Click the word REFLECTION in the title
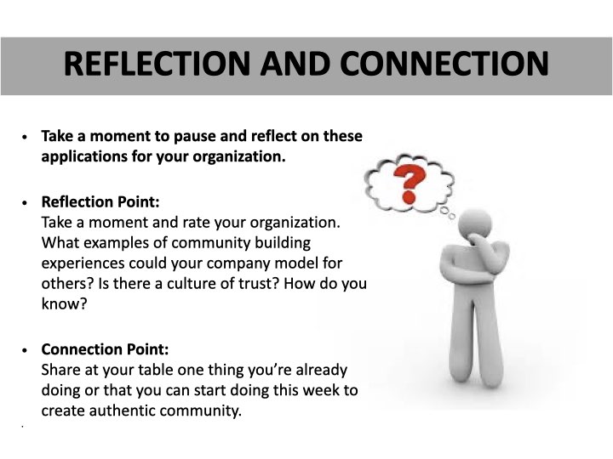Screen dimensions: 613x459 (157, 63)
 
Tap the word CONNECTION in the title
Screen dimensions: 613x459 (444, 63)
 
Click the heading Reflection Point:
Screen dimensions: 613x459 (100, 202)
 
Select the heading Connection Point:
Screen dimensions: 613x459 (105, 349)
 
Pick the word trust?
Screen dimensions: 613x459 (259, 283)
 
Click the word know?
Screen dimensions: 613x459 (64, 303)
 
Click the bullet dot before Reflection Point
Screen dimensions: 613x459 (26, 203)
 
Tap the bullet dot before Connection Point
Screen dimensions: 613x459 (26, 350)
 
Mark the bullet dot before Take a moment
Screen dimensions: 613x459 (26, 137)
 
